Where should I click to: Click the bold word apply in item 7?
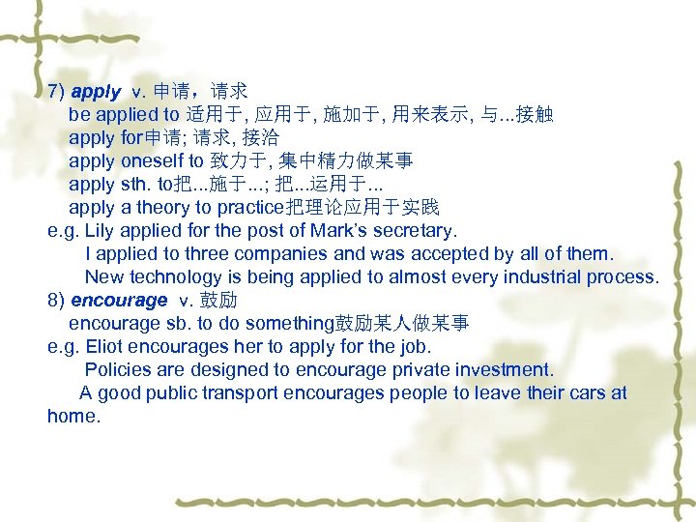point(96,92)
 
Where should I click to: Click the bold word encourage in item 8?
point(119,300)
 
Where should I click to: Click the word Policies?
point(116,369)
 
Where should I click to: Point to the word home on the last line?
point(72,416)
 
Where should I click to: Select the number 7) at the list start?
point(56,92)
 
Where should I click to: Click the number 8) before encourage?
point(56,300)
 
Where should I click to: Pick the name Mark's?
point(336,230)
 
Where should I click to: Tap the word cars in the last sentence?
point(582,392)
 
